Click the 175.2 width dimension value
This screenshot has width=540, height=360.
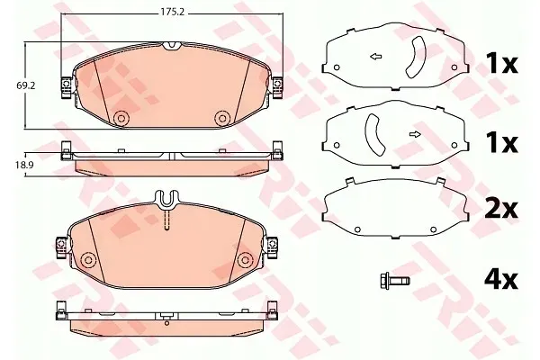pos(173,12)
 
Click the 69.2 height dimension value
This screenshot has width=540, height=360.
pos(26,85)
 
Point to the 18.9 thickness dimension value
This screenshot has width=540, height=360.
pos(24,165)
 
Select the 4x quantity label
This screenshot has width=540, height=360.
pos(501,281)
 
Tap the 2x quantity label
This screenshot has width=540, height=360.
pos(501,209)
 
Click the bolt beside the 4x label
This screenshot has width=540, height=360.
pos(394,281)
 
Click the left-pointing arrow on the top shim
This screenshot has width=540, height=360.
pos(375,57)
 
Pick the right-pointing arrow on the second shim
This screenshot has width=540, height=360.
pos(415,134)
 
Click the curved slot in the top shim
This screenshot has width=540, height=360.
pos(418,57)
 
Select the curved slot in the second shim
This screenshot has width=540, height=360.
pos(373,134)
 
